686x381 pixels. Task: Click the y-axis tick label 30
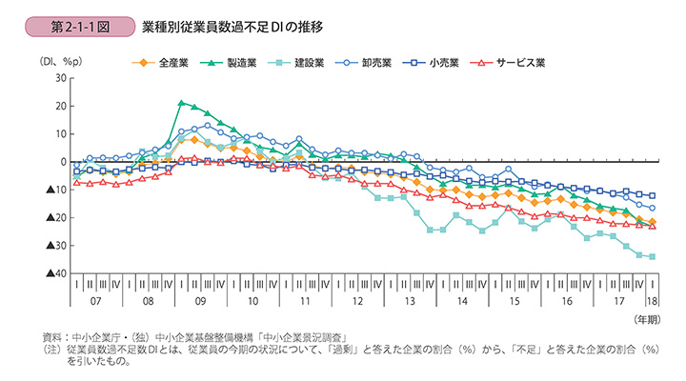[58, 78]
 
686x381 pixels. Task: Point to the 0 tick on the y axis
[61, 162]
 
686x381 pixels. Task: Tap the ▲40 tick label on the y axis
[53, 274]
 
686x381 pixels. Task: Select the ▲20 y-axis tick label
[53, 218]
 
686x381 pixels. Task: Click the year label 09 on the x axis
[201, 301]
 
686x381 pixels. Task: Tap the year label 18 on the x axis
[653, 301]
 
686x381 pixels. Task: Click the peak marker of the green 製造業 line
[181, 102]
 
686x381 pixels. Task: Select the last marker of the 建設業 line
[652, 256]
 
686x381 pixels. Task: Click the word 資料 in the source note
[54, 336]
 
